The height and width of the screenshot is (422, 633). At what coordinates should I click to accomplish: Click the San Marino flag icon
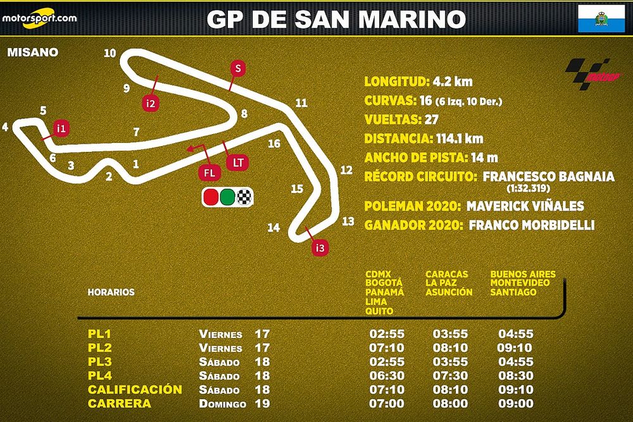tap(598, 19)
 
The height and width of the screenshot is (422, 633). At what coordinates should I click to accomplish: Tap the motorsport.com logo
tap(39, 17)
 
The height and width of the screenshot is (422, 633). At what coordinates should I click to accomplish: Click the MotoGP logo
tap(587, 74)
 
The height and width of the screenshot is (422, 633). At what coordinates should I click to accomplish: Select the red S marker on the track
tap(237, 68)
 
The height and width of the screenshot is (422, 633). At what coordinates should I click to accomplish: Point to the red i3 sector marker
tap(321, 248)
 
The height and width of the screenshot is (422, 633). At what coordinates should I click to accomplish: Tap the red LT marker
tap(238, 163)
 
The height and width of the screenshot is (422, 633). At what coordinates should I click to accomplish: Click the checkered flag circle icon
tap(244, 197)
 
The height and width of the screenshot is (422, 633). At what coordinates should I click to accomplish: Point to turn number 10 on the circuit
tap(110, 53)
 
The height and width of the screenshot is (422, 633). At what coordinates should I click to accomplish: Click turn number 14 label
tap(273, 228)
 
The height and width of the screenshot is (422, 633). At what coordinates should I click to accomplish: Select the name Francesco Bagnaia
tap(548, 177)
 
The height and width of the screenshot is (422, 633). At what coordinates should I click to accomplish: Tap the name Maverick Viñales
tap(525, 206)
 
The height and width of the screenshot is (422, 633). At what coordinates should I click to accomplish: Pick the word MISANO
tap(33, 52)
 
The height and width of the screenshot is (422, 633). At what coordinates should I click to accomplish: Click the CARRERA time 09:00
tap(516, 404)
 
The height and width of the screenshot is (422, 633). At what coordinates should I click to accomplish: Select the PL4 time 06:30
tap(387, 376)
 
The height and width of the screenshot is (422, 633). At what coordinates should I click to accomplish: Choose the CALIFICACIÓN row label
tap(135, 390)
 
